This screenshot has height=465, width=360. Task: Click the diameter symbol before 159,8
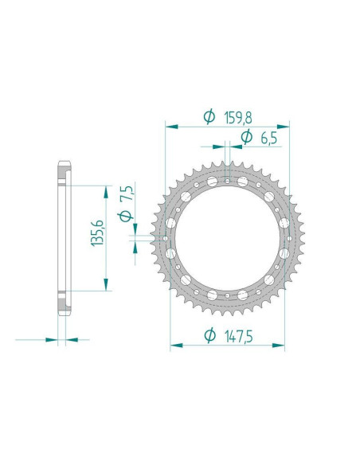[209, 116]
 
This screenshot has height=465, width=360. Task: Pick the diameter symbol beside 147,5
[209, 335]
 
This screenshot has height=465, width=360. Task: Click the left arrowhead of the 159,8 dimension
[170, 126]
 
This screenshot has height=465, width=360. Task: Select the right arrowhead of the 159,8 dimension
[284, 126]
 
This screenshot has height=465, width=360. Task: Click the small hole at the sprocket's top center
[228, 182]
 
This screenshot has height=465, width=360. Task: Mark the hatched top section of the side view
[62, 174]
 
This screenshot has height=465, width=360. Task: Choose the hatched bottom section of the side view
[62, 303]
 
